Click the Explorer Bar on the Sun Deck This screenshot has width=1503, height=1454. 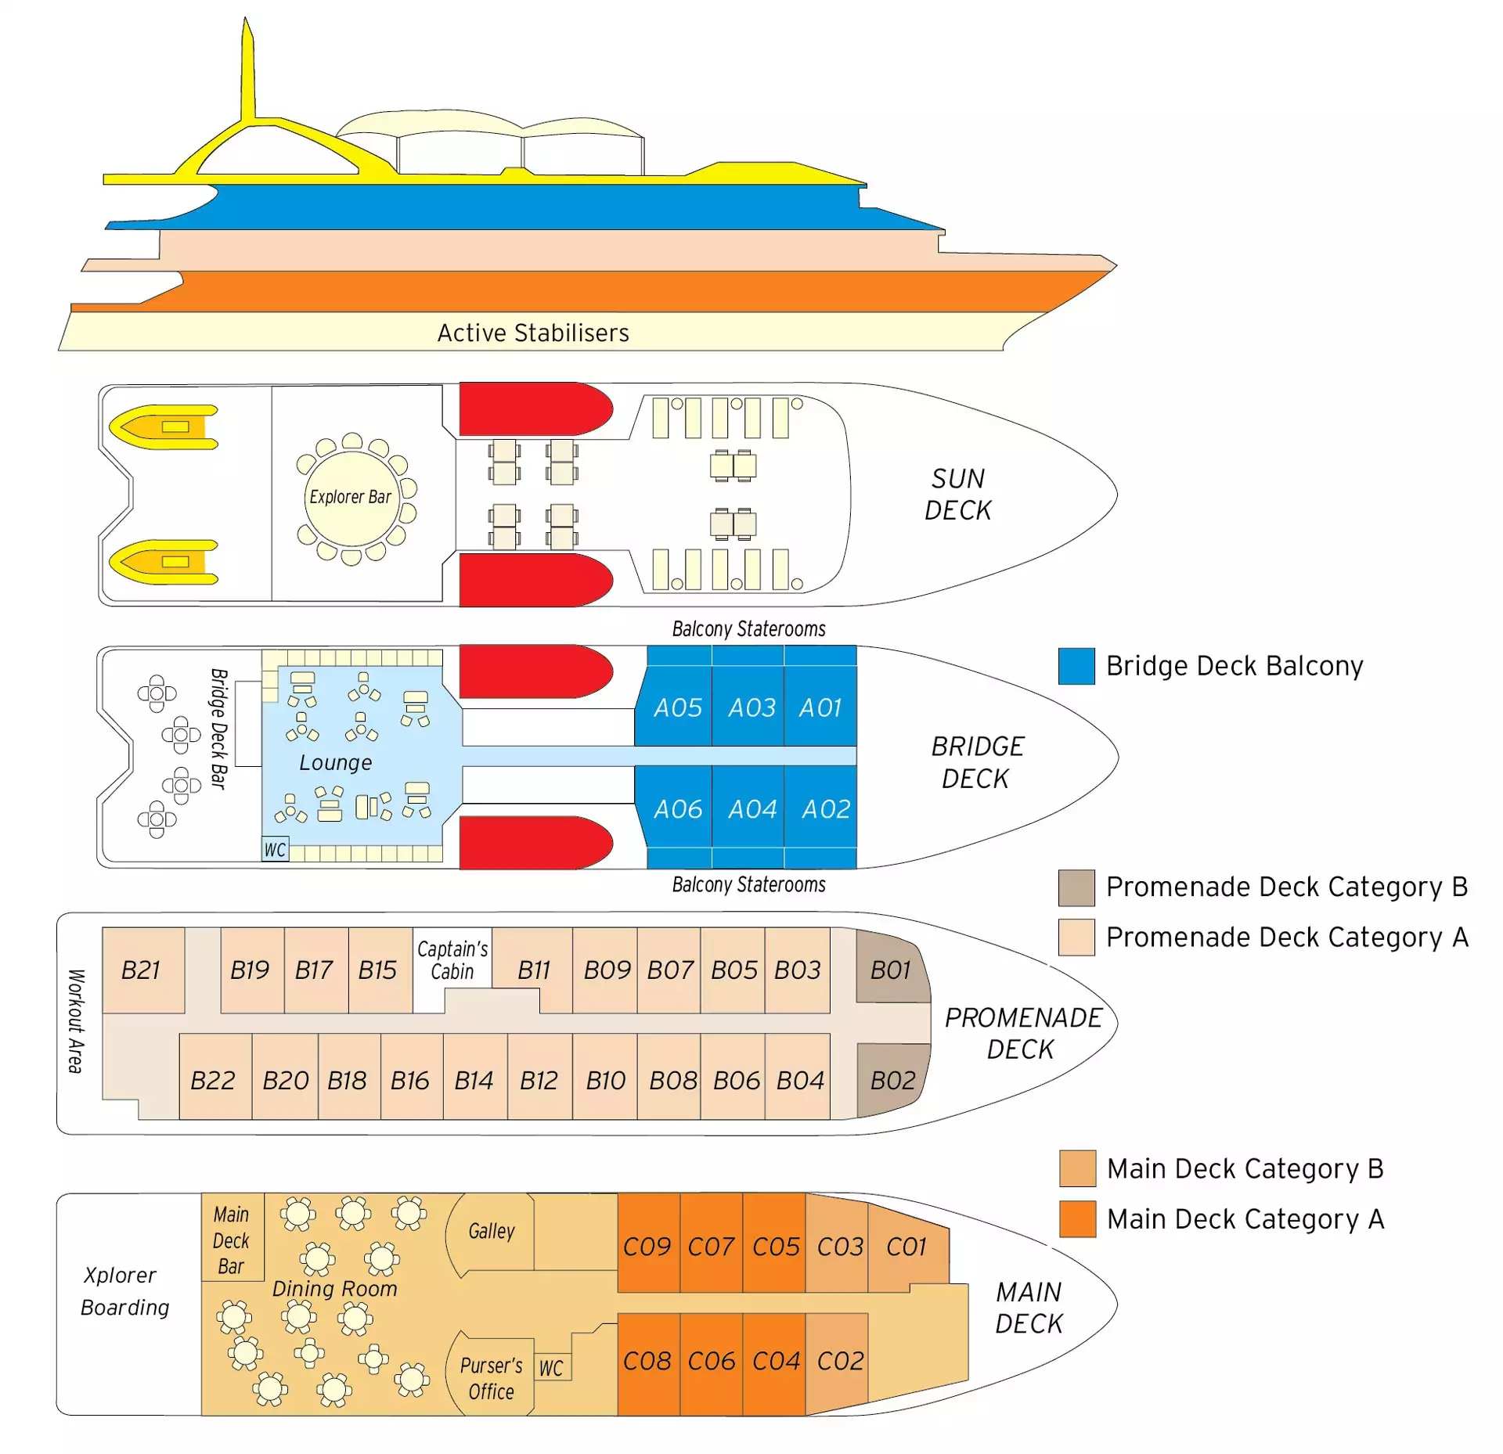[x=351, y=498]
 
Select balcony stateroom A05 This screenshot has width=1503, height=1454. [x=677, y=707]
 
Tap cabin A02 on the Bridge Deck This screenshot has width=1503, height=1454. [x=825, y=808]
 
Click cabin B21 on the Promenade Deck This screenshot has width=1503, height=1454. [x=142, y=970]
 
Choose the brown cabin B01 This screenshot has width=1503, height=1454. [x=891, y=970]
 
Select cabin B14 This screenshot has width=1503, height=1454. [x=474, y=1080]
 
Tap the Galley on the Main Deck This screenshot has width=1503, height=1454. [x=492, y=1231]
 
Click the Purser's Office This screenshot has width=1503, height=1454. [x=492, y=1378]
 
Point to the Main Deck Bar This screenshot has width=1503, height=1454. [x=232, y=1240]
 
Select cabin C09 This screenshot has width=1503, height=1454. [x=647, y=1246]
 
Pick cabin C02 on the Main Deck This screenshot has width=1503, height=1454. [x=840, y=1361]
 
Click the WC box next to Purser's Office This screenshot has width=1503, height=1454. [x=551, y=1368]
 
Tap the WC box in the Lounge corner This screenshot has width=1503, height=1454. [x=275, y=850]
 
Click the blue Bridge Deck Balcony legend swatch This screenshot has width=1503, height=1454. [x=1076, y=666]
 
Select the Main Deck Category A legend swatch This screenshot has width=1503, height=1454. [x=1077, y=1218]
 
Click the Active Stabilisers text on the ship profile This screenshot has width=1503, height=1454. [x=533, y=333]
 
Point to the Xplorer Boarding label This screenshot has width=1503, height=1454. [x=124, y=1291]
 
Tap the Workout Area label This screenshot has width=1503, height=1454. [x=75, y=1020]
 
